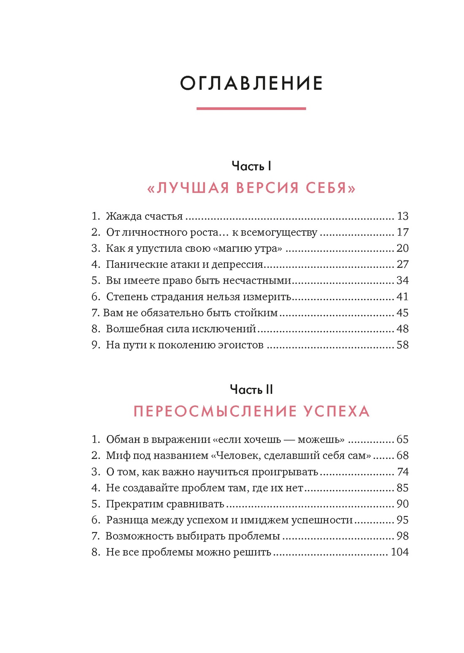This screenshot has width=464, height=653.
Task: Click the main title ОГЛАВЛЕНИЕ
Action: [x=251, y=83]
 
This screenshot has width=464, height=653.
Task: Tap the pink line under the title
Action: [x=251, y=109]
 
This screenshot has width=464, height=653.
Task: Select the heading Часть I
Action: [x=251, y=166]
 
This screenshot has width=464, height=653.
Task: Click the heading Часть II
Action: [x=251, y=390]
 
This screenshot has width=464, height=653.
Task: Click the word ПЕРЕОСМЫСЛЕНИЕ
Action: [x=214, y=411]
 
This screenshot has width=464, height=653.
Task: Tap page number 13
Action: [x=403, y=216]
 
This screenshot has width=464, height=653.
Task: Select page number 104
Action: [x=399, y=552]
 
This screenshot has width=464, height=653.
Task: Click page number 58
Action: [x=403, y=345]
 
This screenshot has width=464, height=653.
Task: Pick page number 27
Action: [x=403, y=264]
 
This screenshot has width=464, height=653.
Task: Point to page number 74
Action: [x=403, y=472]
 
